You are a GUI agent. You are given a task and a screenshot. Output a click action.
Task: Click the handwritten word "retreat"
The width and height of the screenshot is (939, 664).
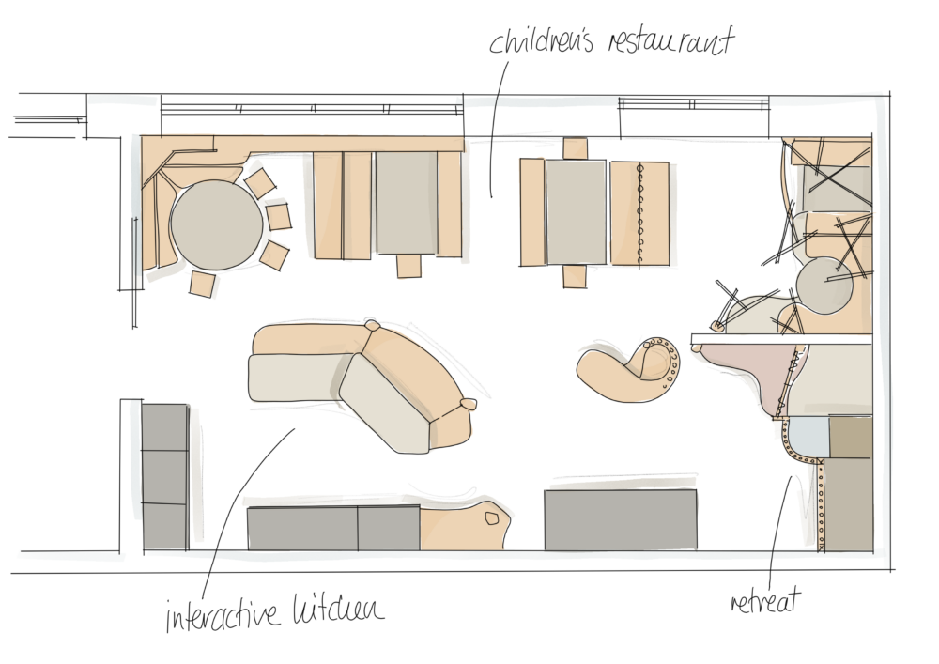(765, 600)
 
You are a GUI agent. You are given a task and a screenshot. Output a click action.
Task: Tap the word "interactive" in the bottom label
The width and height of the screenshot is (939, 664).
(223, 612)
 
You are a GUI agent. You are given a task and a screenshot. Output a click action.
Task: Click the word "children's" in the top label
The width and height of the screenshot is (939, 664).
(542, 40)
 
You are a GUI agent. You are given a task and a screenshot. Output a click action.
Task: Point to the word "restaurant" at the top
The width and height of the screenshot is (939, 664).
(670, 41)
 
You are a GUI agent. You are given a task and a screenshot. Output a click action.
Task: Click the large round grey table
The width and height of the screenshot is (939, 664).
(216, 224)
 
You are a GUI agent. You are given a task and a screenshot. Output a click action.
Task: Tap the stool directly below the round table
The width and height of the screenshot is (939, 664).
(202, 284)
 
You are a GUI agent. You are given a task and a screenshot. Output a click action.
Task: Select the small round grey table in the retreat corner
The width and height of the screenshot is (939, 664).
(824, 286)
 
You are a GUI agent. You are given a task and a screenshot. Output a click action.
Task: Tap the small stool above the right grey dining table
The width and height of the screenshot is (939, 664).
(576, 148)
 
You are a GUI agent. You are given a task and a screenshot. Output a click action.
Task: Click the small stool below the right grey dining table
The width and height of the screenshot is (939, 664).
(575, 277)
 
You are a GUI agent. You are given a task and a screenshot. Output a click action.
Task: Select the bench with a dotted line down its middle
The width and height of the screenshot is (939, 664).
(639, 213)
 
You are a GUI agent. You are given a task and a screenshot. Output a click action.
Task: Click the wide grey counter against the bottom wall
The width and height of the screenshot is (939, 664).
(621, 519)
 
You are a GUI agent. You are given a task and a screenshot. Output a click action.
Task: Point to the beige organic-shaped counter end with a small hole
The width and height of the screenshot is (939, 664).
(465, 526)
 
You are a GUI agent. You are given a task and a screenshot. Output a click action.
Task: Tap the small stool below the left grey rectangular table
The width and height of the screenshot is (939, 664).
(409, 266)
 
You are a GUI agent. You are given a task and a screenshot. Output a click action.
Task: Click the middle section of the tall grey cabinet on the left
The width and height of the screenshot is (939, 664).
(164, 477)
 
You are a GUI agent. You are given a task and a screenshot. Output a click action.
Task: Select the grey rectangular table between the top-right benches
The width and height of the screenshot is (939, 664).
(577, 212)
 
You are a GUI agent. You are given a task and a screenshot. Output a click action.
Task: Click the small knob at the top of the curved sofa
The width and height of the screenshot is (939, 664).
(373, 326)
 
